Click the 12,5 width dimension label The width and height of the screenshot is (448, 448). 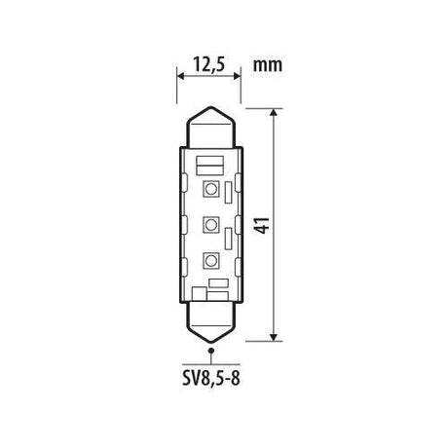[x=208, y=64]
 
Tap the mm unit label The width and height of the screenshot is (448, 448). [x=268, y=65]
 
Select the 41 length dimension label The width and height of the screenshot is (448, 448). [x=262, y=225]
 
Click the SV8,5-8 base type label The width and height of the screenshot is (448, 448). [x=211, y=379]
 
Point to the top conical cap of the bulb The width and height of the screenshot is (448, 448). [x=210, y=127]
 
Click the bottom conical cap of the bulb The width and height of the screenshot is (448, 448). [x=211, y=322]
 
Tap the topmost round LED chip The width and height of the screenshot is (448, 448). [x=211, y=189]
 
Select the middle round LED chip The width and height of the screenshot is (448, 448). [x=211, y=225]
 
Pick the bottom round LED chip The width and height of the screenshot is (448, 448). [x=211, y=261]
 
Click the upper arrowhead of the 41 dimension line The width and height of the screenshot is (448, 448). [x=274, y=112]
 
